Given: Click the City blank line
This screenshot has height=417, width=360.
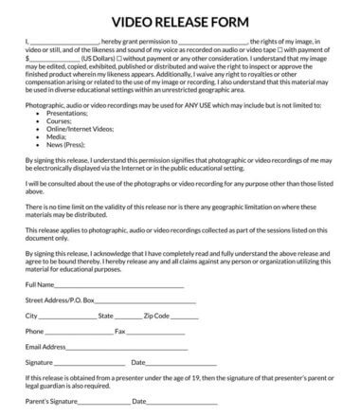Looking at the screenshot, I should tap(66, 316).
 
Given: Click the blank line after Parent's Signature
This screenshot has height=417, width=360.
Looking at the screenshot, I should tap(105, 402).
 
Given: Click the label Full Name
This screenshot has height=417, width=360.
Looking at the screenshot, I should tap(39, 284).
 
